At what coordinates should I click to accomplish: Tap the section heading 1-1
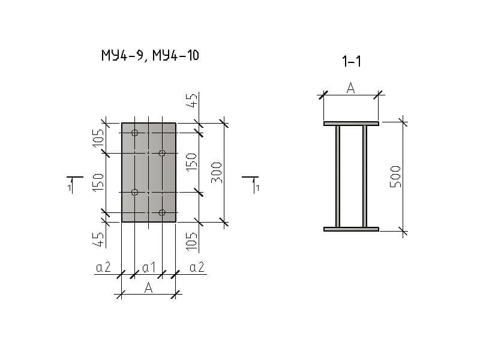click(351, 61)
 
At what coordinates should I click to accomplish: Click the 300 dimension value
click(217, 172)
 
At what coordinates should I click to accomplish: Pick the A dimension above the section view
click(351, 88)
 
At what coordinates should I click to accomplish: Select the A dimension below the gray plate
click(148, 288)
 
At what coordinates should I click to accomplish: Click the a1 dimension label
click(149, 268)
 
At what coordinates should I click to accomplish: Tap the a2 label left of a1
click(104, 268)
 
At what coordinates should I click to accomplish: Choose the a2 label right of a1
click(197, 268)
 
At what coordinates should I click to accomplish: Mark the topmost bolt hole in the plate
click(135, 133)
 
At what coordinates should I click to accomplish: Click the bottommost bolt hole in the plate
click(162, 212)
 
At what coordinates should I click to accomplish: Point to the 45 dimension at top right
click(192, 100)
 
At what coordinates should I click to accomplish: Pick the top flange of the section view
click(351, 124)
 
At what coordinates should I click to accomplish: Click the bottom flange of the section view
click(351, 229)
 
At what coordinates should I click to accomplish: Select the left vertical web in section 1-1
click(338, 176)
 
